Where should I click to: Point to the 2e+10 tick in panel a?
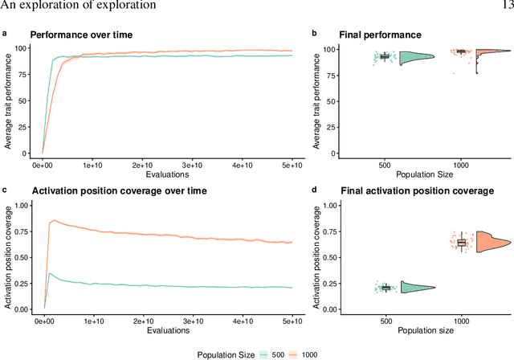pos(141,164)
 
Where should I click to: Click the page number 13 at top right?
pos(506,5)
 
